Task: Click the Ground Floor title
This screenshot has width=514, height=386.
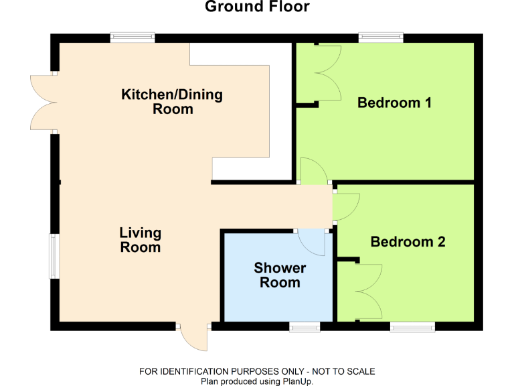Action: click(257, 7)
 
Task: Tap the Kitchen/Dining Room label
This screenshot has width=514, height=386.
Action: click(172, 101)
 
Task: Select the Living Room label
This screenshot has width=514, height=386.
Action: click(141, 240)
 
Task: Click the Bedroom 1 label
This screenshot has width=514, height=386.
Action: click(394, 103)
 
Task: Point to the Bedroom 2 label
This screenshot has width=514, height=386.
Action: click(408, 241)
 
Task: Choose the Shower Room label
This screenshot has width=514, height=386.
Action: click(280, 275)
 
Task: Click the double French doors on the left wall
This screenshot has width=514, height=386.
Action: click(44, 102)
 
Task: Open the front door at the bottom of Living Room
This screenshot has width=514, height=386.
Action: click(194, 337)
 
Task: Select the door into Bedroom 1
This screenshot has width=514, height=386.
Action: click(314, 171)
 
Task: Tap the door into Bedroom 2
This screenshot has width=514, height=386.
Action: click(345, 207)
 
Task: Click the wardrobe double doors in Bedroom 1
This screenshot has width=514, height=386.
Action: click(326, 73)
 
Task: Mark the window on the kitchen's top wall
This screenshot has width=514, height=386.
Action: click(133, 38)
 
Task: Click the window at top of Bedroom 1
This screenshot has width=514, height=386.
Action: click(380, 38)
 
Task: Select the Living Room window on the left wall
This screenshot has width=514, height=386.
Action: click(54, 256)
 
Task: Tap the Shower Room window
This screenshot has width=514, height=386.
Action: click(305, 326)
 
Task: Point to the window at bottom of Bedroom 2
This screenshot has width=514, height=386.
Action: click(412, 326)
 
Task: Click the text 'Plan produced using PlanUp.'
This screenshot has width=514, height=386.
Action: click(257, 381)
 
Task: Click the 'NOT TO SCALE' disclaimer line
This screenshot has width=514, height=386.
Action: click(257, 371)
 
